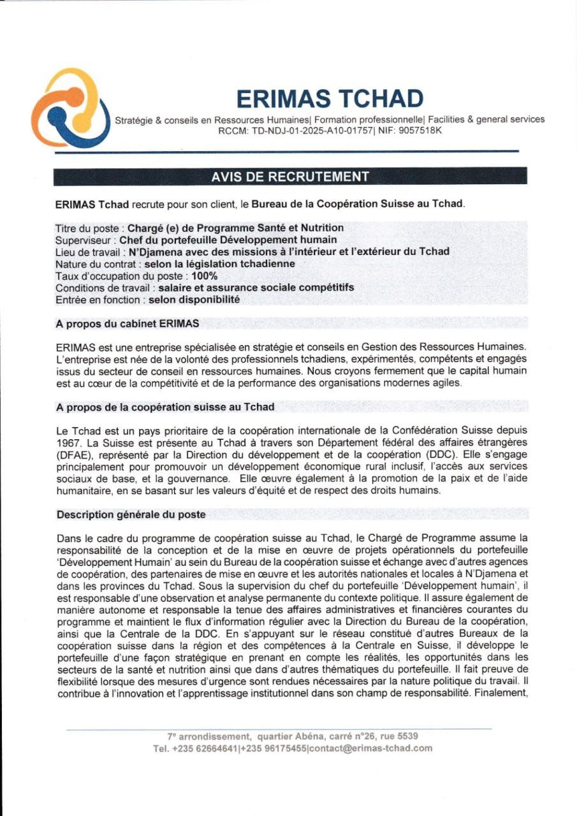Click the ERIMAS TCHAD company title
point(330,99)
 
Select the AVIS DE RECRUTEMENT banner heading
point(290,177)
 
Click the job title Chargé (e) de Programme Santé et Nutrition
point(236,228)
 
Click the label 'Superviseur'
point(84,240)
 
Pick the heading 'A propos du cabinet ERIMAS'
point(128,323)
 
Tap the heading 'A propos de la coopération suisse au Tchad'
point(166,407)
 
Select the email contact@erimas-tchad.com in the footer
point(371,748)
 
